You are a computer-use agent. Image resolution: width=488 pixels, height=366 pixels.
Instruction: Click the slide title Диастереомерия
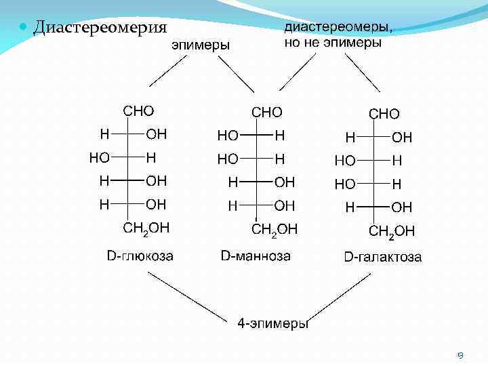pyautogui.click(x=100, y=28)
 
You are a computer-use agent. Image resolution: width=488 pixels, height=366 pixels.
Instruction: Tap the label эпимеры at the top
pyautogui.click(x=201, y=45)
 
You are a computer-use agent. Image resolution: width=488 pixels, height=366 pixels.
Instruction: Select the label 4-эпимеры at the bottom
pyautogui.click(x=273, y=323)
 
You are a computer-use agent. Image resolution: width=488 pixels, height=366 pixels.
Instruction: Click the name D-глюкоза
pyautogui.click(x=140, y=256)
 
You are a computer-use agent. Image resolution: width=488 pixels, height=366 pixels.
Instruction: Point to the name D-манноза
pyautogui.click(x=256, y=256)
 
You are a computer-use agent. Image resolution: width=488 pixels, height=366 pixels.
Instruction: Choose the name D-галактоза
pyautogui.click(x=383, y=258)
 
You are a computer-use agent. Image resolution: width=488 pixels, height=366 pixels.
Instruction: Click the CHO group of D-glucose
pyautogui.click(x=138, y=110)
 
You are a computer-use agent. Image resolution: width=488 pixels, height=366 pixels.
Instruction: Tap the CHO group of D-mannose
pyautogui.click(x=267, y=111)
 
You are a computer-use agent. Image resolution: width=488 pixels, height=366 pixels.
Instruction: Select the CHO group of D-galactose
pyautogui.click(x=384, y=114)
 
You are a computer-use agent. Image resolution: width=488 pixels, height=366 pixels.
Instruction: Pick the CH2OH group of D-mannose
pyautogui.click(x=274, y=229)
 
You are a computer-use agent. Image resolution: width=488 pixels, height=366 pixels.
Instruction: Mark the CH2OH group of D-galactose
pyautogui.click(x=392, y=232)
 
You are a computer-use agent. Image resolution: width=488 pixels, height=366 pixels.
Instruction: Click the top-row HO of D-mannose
pyautogui.click(x=228, y=136)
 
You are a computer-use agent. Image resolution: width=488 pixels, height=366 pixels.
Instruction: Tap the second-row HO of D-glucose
pyautogui.click(x=100, y=157)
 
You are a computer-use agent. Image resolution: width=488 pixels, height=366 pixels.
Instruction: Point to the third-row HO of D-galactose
pyautogui.click(x=345, y=184)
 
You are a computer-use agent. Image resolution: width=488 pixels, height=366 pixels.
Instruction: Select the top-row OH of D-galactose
pyautogui.click(x=402, y=138)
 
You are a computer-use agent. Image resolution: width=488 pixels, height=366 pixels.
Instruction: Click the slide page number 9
pyautogui.click(x=460, y=354)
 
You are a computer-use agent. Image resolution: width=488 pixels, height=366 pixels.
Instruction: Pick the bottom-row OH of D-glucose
pyautogui.click(x=157, y=203)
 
